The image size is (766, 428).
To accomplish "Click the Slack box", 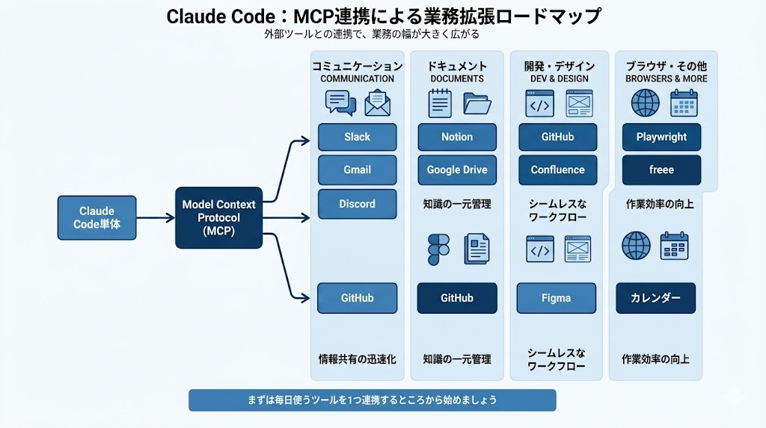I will pyautogui.click(x=357, y=137).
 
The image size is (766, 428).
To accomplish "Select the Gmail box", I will pyautogui.click(x=357, y=170).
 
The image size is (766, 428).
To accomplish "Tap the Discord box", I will pyautogui.click(x=357, y=204).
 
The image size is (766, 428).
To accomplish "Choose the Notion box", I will pyautogui.click(x=456, y=137).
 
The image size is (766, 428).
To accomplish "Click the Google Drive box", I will pyautogui.click(x=456, y=170).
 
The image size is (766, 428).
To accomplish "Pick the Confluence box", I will pyautogui.click(x=557, y=170).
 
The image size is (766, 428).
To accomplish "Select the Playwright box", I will pyautogui.click(x=661, y=137).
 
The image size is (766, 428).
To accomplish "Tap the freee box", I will pyautogui.click(x=661, y=170).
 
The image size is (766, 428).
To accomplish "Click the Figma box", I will pyautogui.click(x=557, y=298).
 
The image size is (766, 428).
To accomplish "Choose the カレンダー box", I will pyautogui.click(x=655, y=298).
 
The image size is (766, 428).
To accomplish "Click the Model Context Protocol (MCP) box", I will pyautogui.click(x=218, y=217).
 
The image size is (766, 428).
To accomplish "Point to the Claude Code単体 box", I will pyautogui.click(x=97, y=217).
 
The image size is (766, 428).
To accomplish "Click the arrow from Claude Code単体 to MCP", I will pyautogui.click(x=156, y=218).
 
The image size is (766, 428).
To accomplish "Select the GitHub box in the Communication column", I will pyautogui.click(x=357, y=298).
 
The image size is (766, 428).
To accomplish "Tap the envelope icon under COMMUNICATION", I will pyautogui.click(x=379, y=103).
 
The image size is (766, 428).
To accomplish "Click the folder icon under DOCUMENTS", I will pyautogui.click(x=477, y=103).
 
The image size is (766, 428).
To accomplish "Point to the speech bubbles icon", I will pyautogui.click(x=340, y=103).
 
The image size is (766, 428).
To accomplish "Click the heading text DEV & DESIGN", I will pyautogui.click(x=557, y=78).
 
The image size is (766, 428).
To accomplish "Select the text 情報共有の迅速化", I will pyautogui.click(x=357, y=359).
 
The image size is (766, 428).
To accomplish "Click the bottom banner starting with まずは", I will pyautogui.click(x=372, y=400).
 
